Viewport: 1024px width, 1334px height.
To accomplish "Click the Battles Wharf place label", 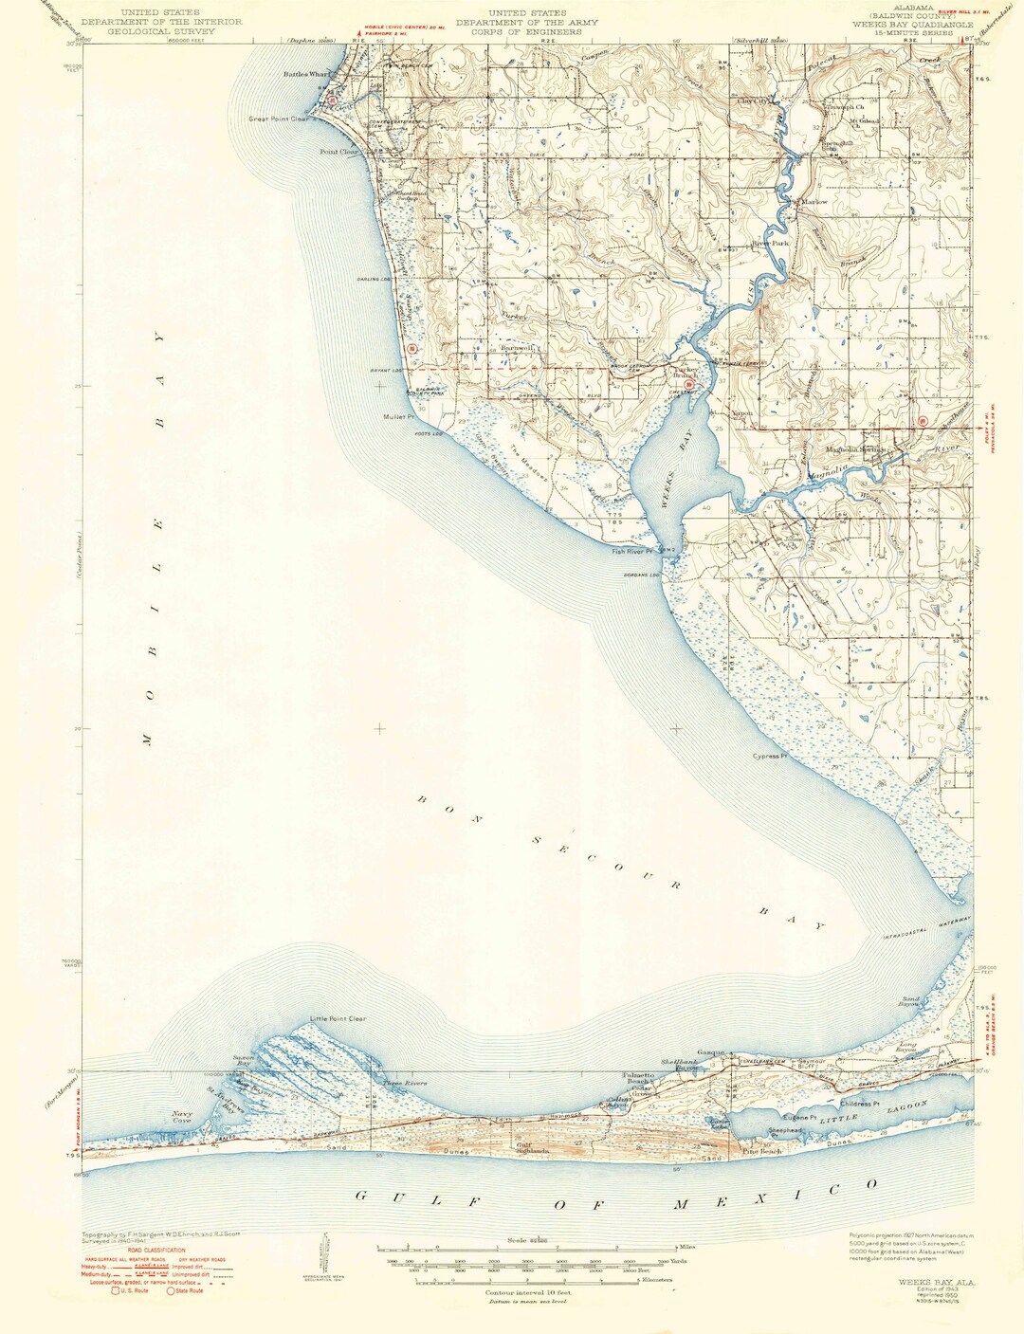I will [x=304, y=75].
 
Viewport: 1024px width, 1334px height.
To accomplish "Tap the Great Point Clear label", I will [x=280, y=119].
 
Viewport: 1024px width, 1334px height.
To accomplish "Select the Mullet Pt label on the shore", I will [x=399, y=417].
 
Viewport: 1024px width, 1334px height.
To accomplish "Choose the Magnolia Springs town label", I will [x=855, y=449].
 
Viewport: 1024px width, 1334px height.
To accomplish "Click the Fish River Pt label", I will [x=633, y=551].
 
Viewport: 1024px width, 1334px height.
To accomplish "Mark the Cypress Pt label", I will [x=771, y=757].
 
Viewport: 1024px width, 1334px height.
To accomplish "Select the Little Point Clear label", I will [x=338, y=1019].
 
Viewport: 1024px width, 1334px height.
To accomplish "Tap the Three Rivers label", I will [x=405, y=1083].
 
